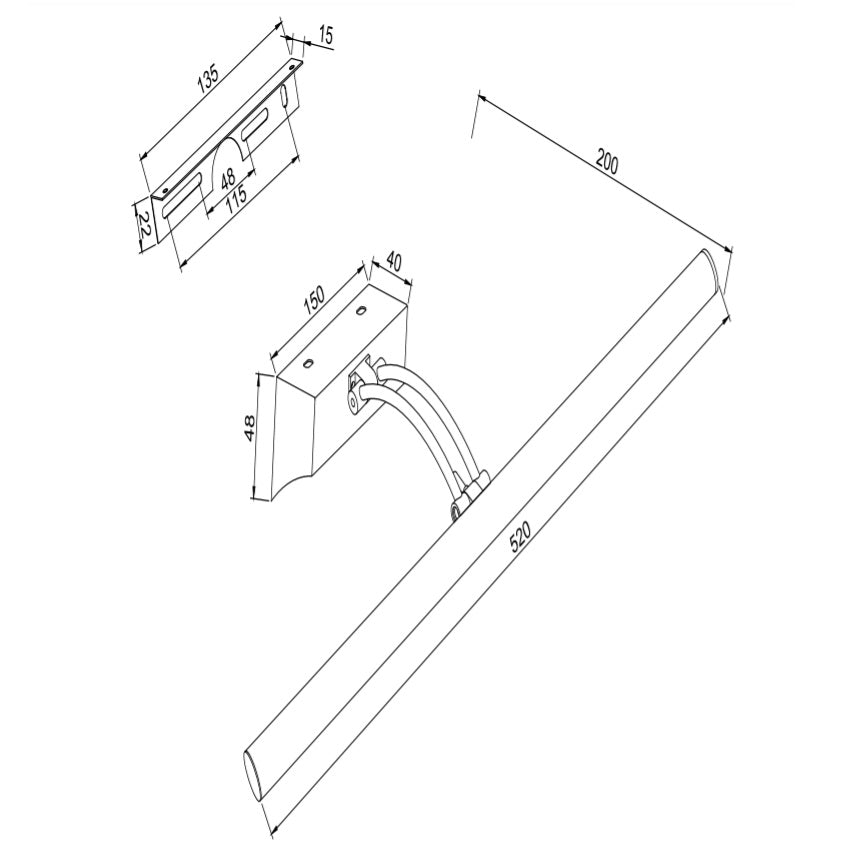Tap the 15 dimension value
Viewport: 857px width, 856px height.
point(325,36)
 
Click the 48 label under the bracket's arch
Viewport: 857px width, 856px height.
point(228,178)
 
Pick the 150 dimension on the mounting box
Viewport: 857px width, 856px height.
point(314,300)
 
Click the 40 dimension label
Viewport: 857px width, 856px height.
point(394,262)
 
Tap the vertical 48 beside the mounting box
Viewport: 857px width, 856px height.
point(249,428)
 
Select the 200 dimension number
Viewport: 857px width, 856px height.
point(607,162)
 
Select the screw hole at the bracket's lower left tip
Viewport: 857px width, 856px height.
point(164,191)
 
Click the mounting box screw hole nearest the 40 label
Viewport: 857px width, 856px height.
point(361,310)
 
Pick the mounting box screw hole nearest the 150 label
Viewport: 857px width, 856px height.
point(308,362)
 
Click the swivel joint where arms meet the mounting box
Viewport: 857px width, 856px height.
point(361,388)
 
